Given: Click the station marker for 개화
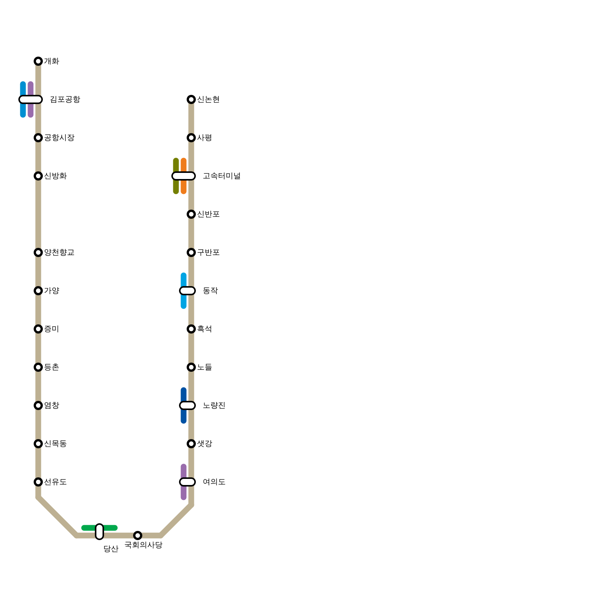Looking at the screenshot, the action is pos(38,61).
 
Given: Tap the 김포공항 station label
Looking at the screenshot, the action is pos(65,99).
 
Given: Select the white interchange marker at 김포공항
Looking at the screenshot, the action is pos(31,99).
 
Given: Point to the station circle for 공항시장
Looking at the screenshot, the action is pos(38,138).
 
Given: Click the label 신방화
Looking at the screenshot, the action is pos(55,176).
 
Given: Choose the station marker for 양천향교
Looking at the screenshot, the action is pos(38,252).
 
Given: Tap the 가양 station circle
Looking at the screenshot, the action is pos(38,291).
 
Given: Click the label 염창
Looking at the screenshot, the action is pos(52,405).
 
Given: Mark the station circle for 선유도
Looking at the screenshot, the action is pos(38,482).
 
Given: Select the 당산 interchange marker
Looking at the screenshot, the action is pos(99,532).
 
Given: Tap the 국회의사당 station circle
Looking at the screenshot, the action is pos(138,535).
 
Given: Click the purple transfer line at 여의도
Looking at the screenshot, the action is pos(184,493).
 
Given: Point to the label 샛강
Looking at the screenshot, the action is pos(205,444).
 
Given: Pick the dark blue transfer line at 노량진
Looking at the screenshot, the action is pos(184,417).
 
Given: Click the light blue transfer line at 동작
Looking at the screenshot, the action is pos(184,302).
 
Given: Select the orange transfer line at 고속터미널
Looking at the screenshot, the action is pos(184,187).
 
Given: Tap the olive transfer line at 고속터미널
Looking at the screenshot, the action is pos(176,187).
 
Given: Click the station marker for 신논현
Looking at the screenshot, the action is pos(191,99).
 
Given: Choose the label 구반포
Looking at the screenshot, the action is pos(208,252).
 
